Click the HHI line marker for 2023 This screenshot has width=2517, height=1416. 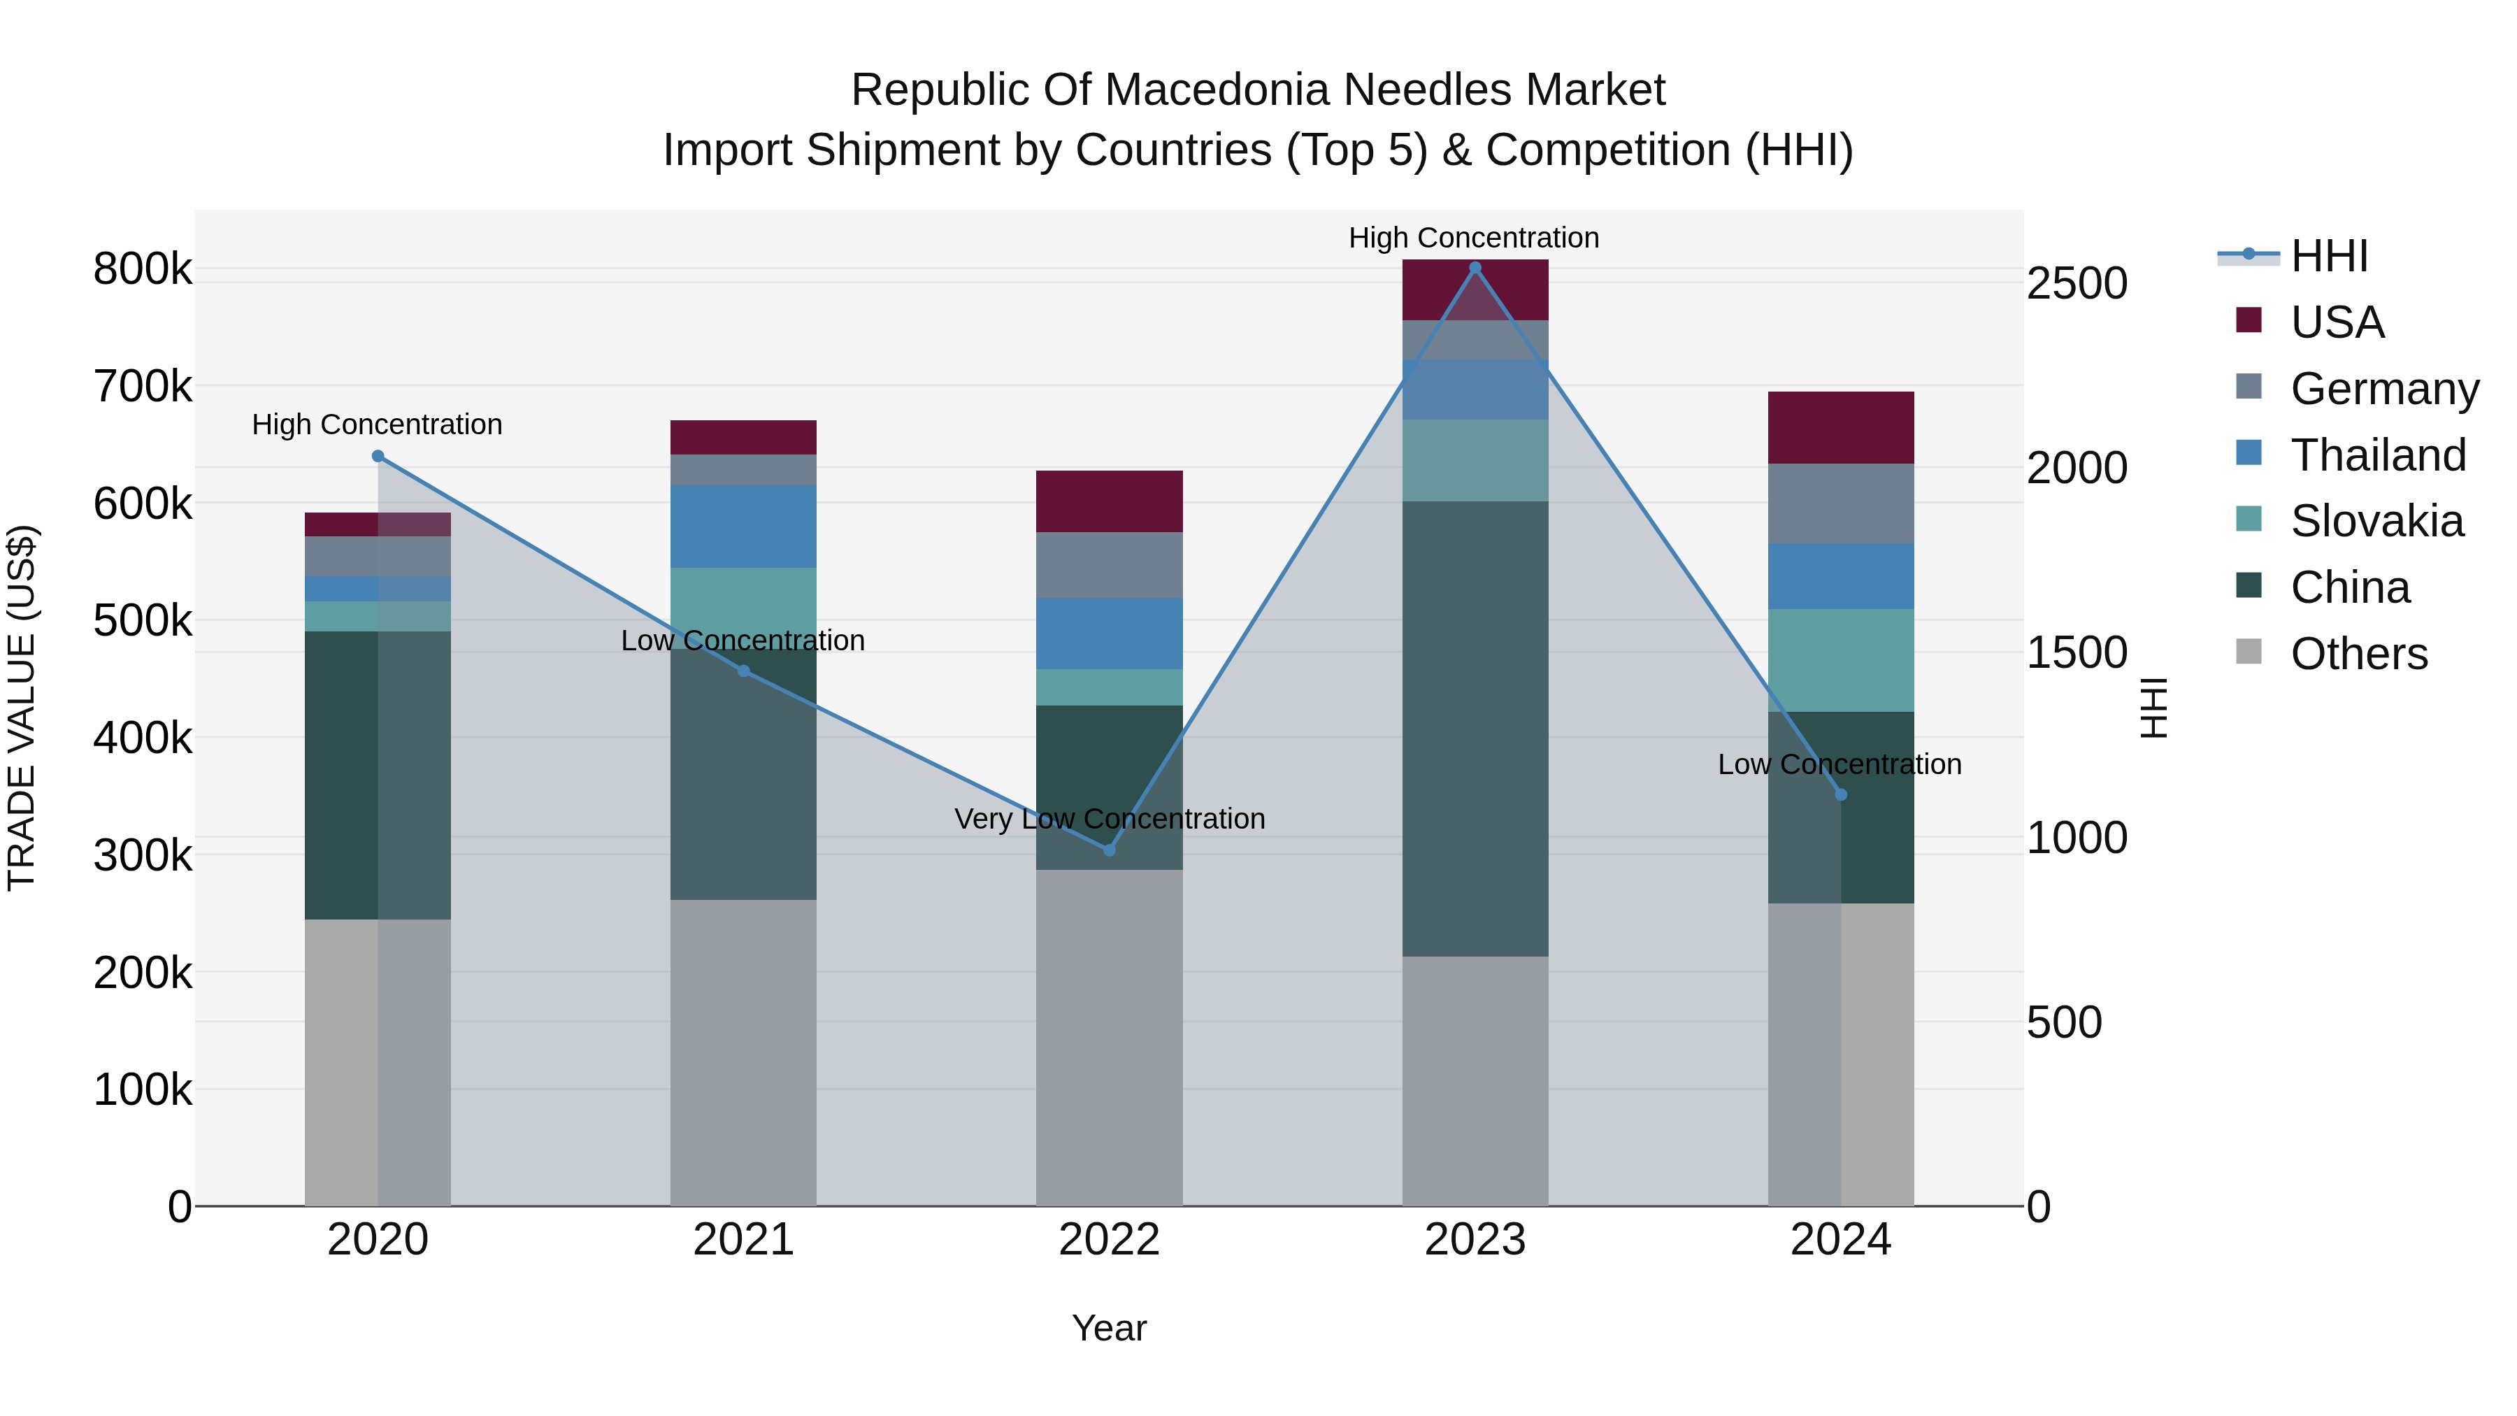pos(1475,268)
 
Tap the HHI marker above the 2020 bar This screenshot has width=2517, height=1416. pos(378,457)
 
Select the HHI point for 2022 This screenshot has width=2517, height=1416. pos(1109,850)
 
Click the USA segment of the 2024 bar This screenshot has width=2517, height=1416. pos(1840,427)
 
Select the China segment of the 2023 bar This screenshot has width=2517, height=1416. pos(1475,728)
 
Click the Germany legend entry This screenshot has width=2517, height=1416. pos(2384,389)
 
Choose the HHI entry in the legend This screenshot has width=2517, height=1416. pos(2328,256)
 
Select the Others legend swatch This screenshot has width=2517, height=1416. pos(2249,652)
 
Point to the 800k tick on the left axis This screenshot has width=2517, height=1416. pos(143,269)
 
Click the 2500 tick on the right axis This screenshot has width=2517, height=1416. pos(2077,283)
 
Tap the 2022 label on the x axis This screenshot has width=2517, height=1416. pos(1109,1239)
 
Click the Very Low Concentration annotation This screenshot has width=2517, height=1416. pos(1109,819)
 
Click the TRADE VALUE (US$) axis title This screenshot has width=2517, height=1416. pos(22,708)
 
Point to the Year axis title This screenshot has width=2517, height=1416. pos(1109,1328)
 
